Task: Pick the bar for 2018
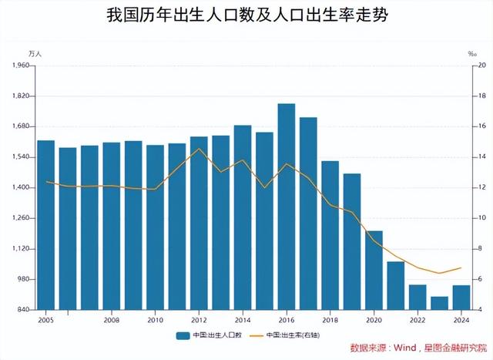coord(330,235)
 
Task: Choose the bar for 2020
coord(374,270)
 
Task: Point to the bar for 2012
coord(199,223)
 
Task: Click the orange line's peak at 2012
coord(199,149)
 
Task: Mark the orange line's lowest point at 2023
coord(439,273)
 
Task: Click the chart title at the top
coord(246,16)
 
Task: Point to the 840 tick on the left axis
coord(22,310)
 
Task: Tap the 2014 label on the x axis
coord(243,319)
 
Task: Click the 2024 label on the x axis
coord(461,319)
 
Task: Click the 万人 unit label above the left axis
coord(35,53)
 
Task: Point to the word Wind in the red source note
coord(405,348)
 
